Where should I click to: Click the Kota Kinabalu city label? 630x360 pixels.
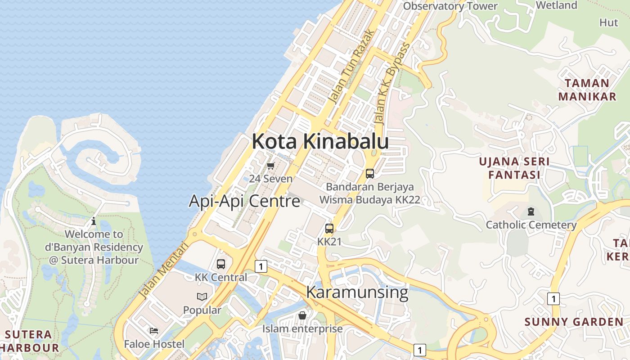pos(320,141)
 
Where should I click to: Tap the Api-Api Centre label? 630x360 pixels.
pos(244,201)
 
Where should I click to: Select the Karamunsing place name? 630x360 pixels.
pos(357,292)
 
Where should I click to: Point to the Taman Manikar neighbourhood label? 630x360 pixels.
pos(587,90)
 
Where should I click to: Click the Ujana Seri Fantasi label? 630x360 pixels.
pos(514,168)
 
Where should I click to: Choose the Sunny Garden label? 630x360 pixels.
pos(574,322)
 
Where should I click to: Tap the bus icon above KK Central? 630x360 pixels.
pos(221,264)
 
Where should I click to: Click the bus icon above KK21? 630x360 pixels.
pos(329,229)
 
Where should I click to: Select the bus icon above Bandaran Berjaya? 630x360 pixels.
pos(370,173)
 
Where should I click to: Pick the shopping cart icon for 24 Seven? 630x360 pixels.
pos(270,166)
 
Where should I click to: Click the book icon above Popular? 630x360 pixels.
pos(202,297)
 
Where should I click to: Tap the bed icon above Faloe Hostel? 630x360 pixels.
pos(154,331)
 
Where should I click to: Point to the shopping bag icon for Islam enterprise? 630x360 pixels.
pos(302,315)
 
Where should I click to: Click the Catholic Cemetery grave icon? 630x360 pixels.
pos(531,211)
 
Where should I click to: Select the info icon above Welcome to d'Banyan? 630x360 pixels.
pos(94,221)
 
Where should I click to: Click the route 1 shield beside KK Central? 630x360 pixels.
pos(261,266)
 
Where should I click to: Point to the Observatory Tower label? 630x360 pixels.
pos(450,6)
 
